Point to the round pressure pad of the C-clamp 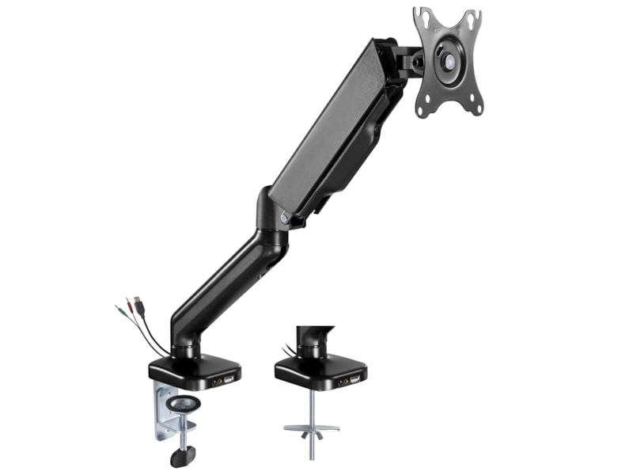[x=184, y=404]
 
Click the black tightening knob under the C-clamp [x=183, y=457]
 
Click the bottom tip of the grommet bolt [x=311, y=457]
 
